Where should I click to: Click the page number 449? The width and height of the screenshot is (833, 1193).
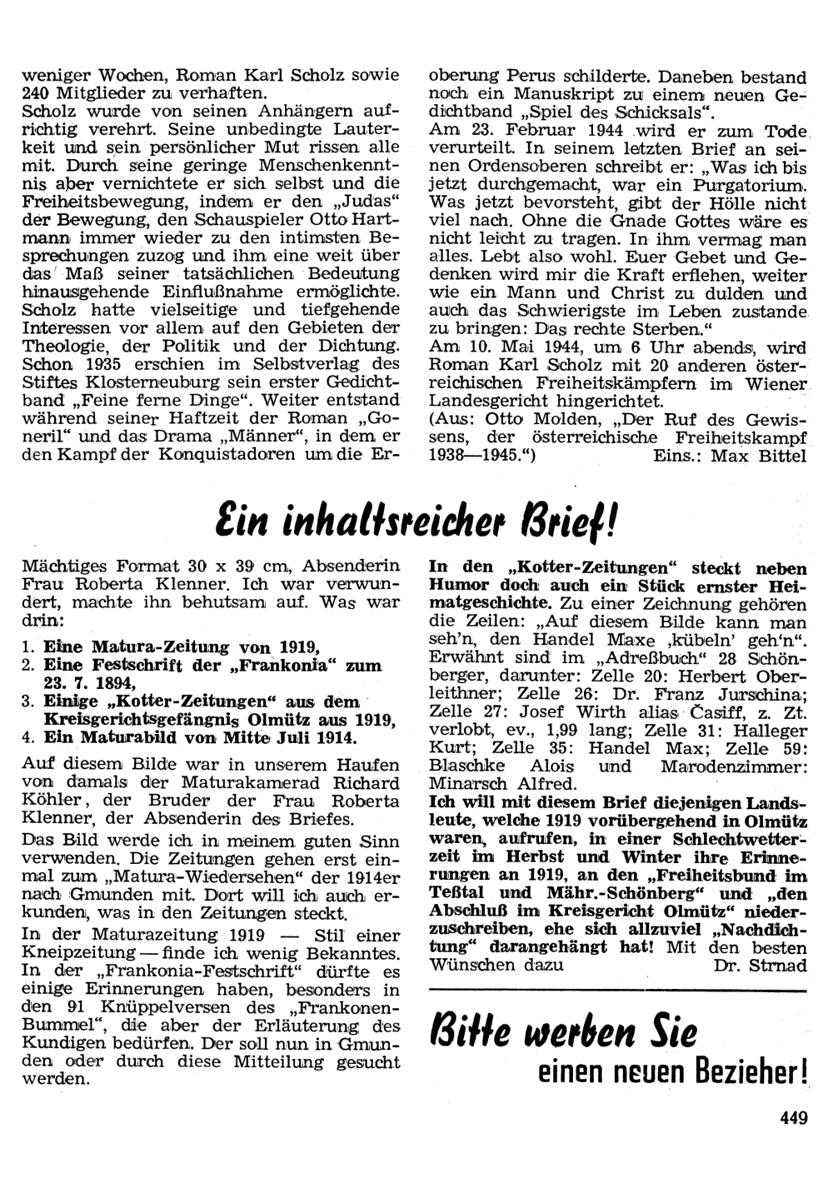pyautogui.click(x=794, y=1118)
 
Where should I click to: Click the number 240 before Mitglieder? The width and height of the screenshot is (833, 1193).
pyautogui.click(x=37, y=93)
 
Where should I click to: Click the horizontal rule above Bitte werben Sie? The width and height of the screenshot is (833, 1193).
pyautogui.click(x=617, y=992)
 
